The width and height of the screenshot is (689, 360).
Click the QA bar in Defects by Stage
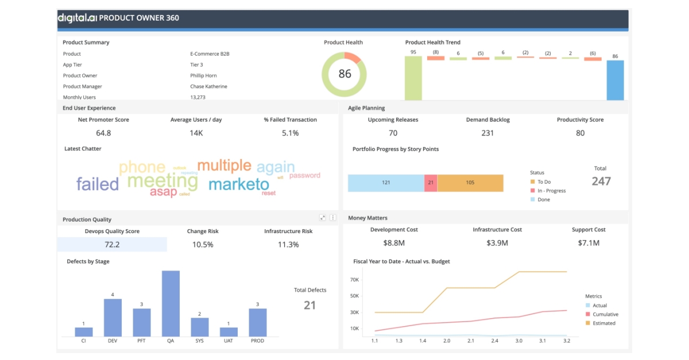(x=171, y=303)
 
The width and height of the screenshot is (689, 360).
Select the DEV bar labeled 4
(x=113, y=318)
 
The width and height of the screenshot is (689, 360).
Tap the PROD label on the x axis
(x=258, y=341)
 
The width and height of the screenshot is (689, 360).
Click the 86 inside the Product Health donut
(x=344, y=74)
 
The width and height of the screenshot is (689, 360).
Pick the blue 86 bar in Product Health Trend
(x=615, y=80)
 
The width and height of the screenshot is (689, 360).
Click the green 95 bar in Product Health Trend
(x=413, y=78)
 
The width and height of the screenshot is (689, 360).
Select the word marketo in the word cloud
(x=238, y=184)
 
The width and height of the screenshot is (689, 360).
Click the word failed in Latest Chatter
(x=98, y=184)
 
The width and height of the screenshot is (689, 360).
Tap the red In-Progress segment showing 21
(x=431, y=183)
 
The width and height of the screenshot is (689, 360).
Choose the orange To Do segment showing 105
(x=470, y=183)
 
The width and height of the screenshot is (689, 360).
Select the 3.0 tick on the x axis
(x=518, y=341)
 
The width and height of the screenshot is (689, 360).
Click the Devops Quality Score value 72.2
(x=112, y=245)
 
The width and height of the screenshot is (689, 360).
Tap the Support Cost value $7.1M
(x=589, y=243)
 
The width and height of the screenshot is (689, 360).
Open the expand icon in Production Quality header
(x=323, y=218)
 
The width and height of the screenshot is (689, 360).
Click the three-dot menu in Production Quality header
(x=332, y=218)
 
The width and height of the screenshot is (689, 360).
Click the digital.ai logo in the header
(x=76, y=18)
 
